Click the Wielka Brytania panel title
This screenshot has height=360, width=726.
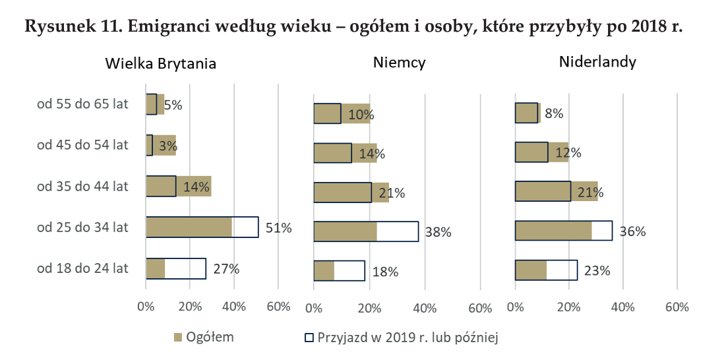(x=161, y=64)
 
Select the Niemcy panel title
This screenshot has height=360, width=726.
(x=399, y=63)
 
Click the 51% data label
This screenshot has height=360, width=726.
(x=278, y=228)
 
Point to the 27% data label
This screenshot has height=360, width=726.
(x=226, y=269)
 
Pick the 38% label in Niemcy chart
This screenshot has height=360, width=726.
(x=438, y=232)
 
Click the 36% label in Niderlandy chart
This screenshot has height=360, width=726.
(x=632, y=232)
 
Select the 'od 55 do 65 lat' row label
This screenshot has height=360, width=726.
(x=83, y=104)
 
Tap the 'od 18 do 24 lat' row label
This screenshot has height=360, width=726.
(x=83, y=268)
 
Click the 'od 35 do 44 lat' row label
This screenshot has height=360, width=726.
(x=83, y=186)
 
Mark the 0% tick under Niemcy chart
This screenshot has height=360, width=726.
(x=314, y=308)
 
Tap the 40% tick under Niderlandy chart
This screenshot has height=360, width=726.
(x=623, y=307)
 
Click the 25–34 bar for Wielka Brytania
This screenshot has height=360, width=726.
(x=201, y=227)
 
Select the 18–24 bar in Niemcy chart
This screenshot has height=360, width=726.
(x=339, y=271)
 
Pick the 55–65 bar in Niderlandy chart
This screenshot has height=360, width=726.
(x=527, y=113)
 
